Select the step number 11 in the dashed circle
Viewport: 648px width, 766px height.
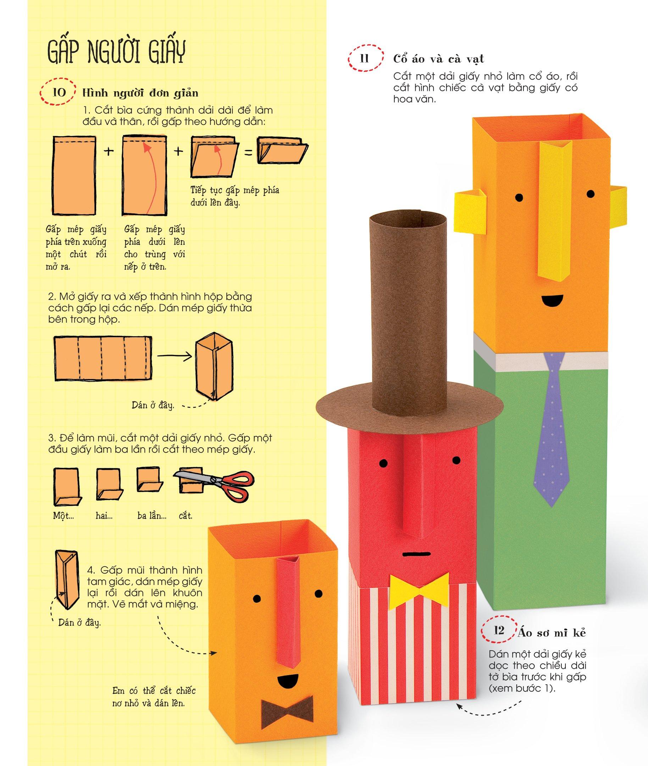pos(364,59)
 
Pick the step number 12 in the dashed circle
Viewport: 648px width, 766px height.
pos(499,631)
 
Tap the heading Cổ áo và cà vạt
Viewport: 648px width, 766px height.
pos(439,59)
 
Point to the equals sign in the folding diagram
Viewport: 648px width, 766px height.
pos(248,152)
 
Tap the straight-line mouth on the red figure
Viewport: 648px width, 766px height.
pos(415,553)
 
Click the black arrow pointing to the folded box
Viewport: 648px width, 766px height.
pos(175,355)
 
